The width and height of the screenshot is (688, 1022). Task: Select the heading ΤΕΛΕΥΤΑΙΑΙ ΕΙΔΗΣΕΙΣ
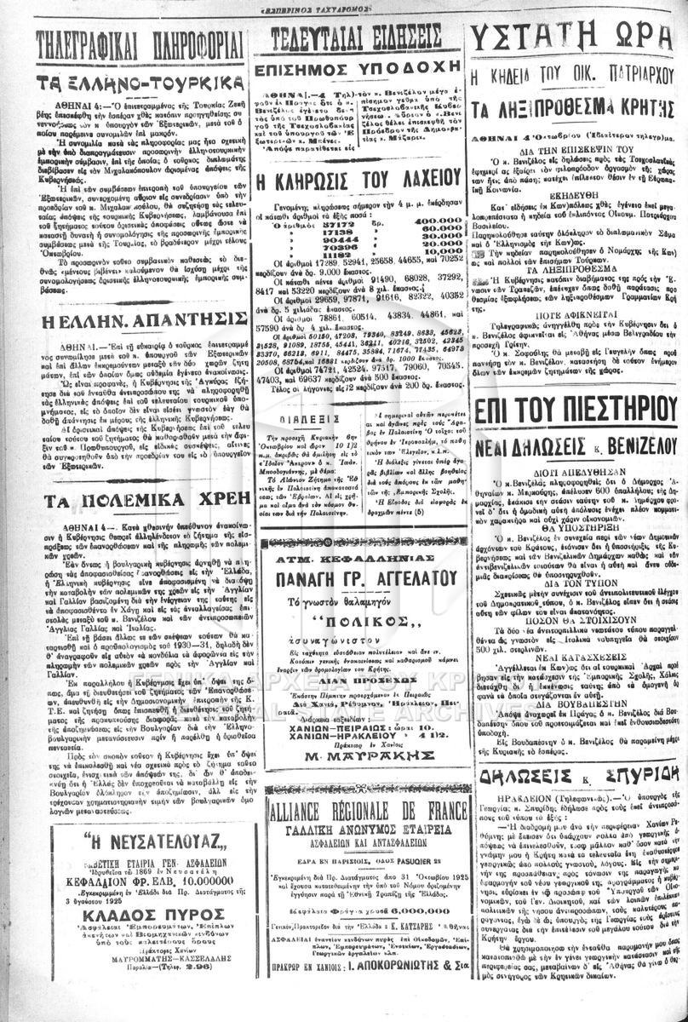(355, 38)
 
